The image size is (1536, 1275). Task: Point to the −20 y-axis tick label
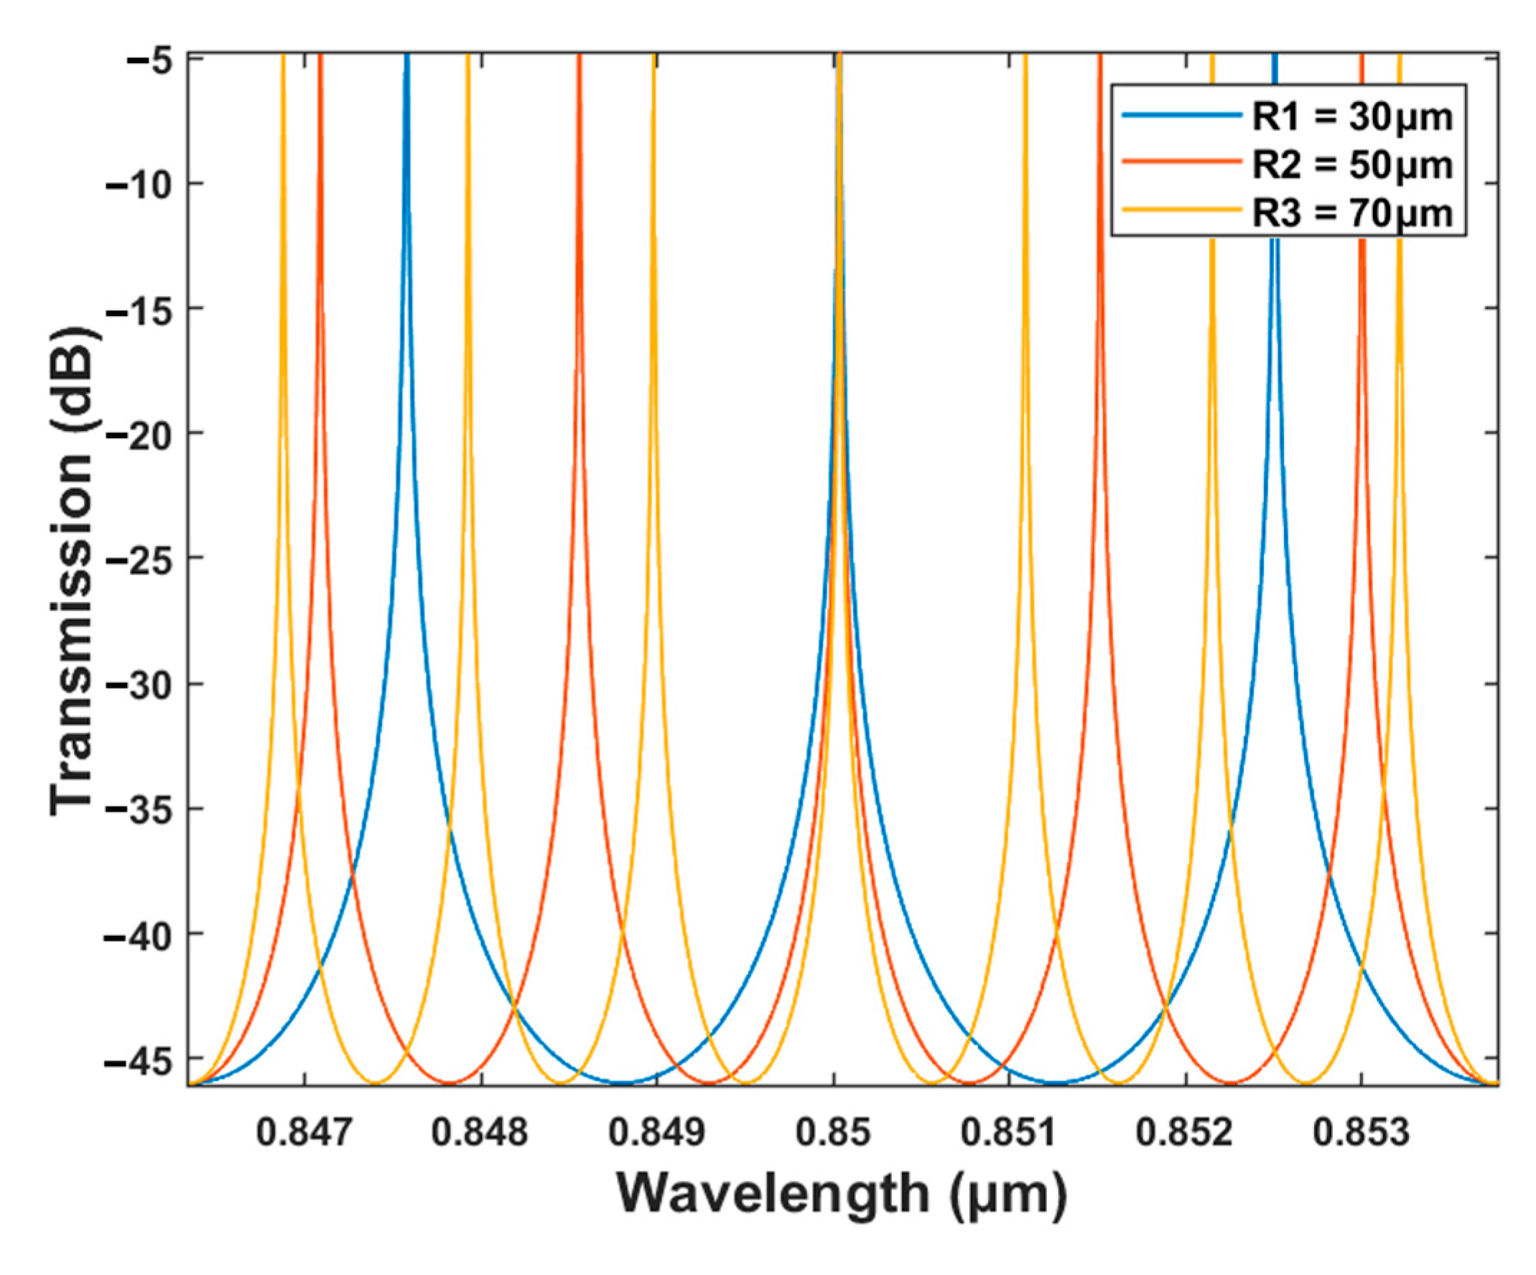(139, 433)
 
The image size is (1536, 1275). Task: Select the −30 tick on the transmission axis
(139, 684)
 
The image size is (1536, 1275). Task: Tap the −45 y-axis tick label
(139, 1059)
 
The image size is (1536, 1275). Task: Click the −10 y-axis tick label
(139, 184)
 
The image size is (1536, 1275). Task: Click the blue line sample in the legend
(1181, 116)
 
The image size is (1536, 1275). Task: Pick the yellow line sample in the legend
(1181, 210)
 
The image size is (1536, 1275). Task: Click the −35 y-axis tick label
(139, 809)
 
